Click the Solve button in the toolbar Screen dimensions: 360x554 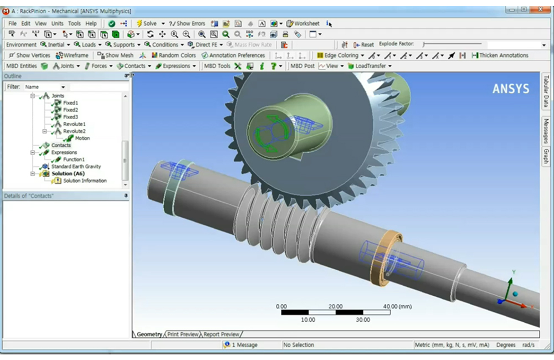click(x=146, y=23)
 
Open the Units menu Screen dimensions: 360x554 click(x=57, y=23)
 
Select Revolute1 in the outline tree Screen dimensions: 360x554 click(x=74, y=124)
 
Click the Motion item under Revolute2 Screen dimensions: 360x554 click(x=82, y=138)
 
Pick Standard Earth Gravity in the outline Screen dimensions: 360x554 click(x=76, y=167)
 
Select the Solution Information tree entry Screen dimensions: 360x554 click(x=84, y=181)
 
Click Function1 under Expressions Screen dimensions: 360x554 click(x=74, y=160)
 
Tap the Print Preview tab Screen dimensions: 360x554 click(x=183, y=335)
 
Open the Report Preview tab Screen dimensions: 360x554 click(x=222, y=335)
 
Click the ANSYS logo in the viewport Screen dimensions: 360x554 click(x=510, y=89)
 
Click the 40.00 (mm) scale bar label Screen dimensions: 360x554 click(x=397, y=306)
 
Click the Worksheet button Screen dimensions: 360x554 click(x=302, y=23)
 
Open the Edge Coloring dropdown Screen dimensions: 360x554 click(x=340, y=55)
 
